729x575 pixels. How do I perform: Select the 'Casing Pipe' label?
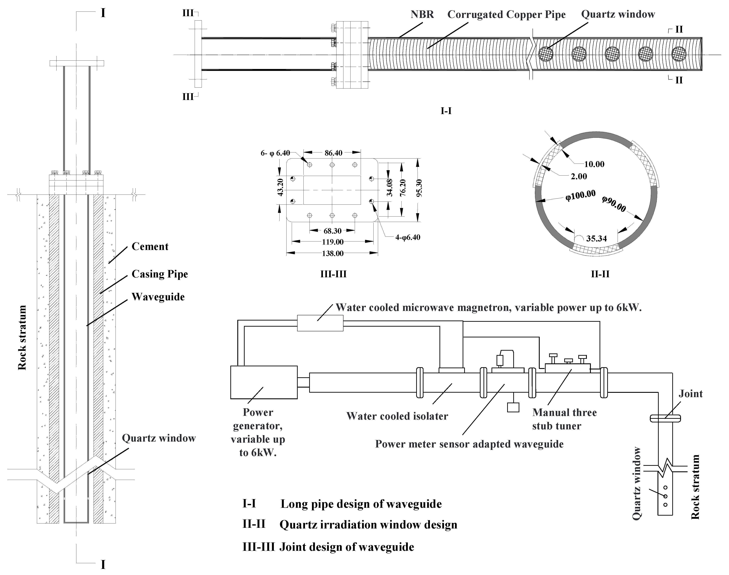pos(159,274)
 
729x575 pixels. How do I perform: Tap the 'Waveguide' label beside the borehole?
pos(158,297)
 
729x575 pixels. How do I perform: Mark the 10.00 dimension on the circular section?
pos(594,164)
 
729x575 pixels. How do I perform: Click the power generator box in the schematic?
pos(264,382)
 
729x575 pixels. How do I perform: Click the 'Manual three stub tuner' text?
pos(564,419)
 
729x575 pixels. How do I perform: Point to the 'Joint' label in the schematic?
pos(690,394)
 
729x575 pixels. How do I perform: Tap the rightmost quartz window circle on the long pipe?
pos(679,54)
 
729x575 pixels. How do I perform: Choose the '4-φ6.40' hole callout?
pos(407,237)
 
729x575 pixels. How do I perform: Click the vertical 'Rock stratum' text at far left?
pos(22,338)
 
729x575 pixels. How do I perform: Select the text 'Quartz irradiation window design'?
pos(368,525)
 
